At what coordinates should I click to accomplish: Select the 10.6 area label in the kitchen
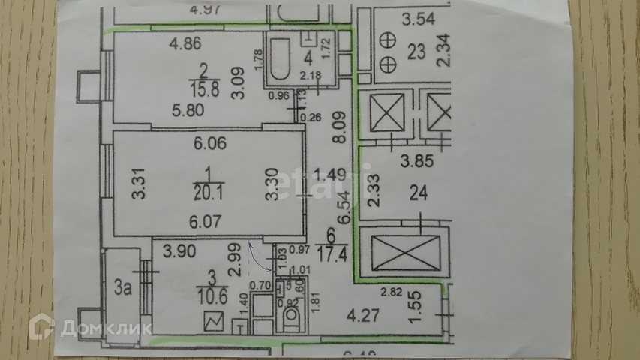tap(213, 293)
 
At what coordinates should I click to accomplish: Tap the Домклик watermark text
tap(106, 328)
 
